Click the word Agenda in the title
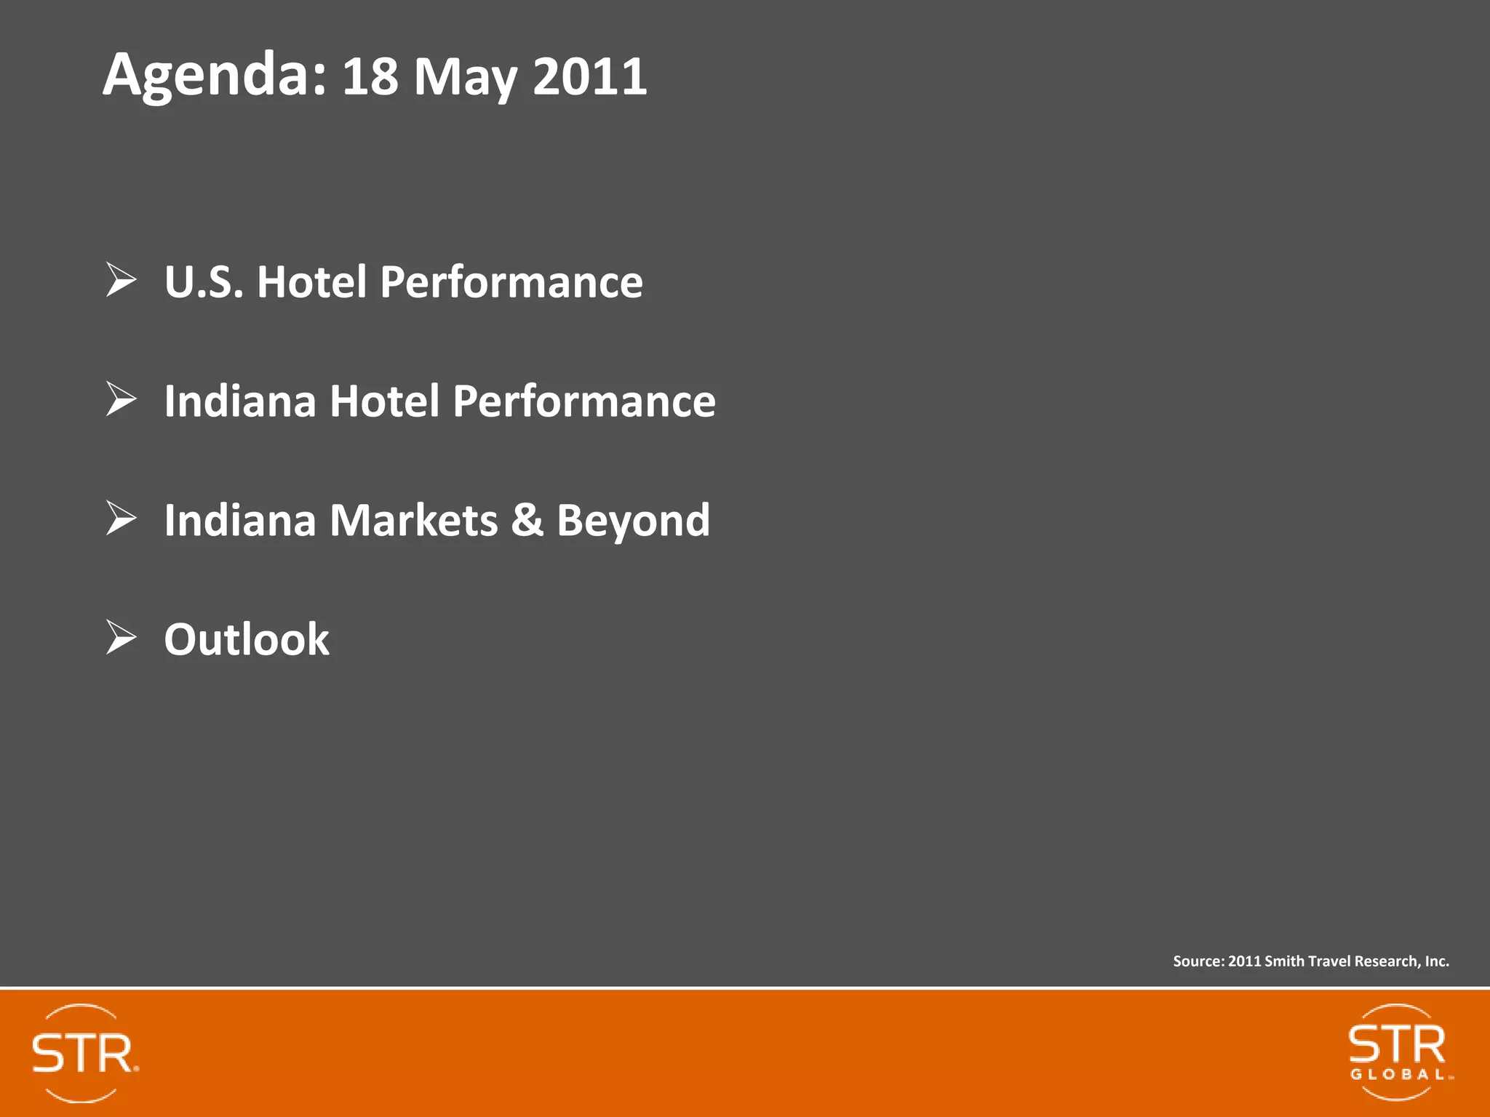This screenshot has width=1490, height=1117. pyautogui.click(x=213, y=75)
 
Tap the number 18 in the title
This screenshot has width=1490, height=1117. pyautogui.click(x=370, y=76)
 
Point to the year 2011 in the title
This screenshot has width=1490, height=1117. pyautogui.click(x=589, y=76)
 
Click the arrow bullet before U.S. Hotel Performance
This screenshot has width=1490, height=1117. pyautogui.click(x=121, y=280)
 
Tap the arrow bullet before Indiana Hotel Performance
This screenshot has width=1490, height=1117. pyautogui.click(x=121, y=399)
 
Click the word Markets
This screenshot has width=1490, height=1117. pyautogui.click(x=413, y=521)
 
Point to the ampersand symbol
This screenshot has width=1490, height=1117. pyautogui.click(x=527, y=521)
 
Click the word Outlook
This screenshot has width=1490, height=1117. pyautogui.click(x=247, y=639)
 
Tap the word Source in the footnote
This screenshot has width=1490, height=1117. pyautogui.click(x=1198, y=961)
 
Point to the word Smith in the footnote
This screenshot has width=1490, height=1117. pyautogui.click(x=1284, y=961)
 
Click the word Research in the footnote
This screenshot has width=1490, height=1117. pyautogui.click(x=1386, y=961)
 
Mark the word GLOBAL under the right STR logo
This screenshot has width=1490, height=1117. pyautogui.click(x=1398, y=1075)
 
